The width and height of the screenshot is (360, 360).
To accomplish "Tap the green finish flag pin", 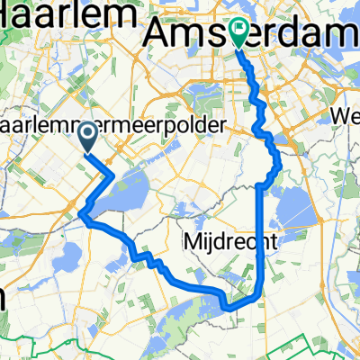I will (x=239, y=32).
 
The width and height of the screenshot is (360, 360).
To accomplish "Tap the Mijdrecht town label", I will (x=221, y=241).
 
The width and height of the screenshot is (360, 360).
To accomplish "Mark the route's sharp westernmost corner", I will (x=82, y=214).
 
